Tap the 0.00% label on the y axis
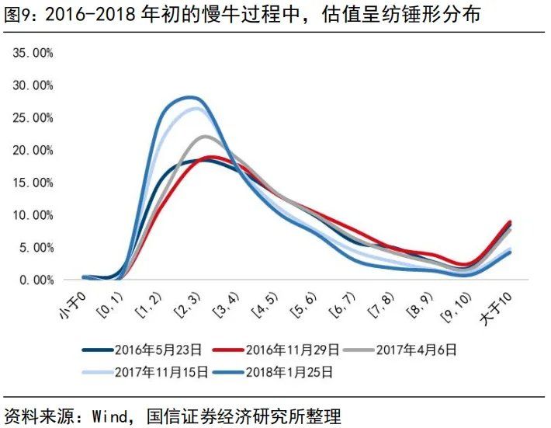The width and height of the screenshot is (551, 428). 35,280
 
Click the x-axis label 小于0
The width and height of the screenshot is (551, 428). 75,303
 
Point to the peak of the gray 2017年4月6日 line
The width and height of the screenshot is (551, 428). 205,137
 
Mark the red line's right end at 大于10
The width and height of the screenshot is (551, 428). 509,222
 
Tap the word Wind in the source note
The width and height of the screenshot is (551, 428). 108,415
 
